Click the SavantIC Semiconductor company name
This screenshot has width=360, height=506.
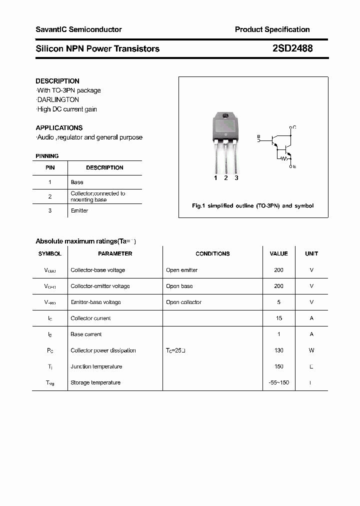(x=78, y=29)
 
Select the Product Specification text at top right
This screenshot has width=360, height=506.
(x=272, y=29)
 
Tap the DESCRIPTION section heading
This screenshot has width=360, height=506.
(x=57, y=81)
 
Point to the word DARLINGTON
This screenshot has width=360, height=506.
(x=58, y=99)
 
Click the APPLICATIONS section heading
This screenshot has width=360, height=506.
(x=59, y=127)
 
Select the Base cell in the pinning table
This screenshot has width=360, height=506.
(x=77, y=182)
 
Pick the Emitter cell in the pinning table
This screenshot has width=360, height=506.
(x=79, y=210)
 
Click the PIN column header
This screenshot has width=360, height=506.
(x=50, y=167)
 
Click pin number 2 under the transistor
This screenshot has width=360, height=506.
(x=226, y=178)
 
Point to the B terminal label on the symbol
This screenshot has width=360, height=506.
(x=258, y=136)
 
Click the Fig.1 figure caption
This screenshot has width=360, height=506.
(x=253, y=205)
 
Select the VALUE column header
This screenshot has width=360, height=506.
(x=278, y=253)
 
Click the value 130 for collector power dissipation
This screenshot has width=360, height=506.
(x=278, y=350)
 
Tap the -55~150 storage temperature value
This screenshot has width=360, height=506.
(x=278, y=382)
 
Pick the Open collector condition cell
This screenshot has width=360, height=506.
(x=183, y=302)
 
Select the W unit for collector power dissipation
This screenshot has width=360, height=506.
(x=311, y=350)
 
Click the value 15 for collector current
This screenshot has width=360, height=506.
(x=278, y=318)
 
